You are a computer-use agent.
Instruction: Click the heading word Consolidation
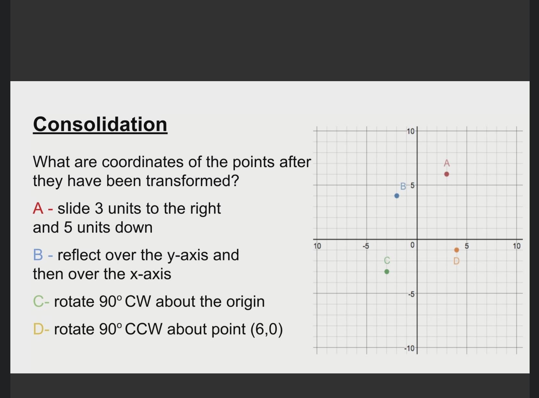pyautogui.click(x=100, y=124)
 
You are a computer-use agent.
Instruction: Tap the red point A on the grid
pyautogui.click(x=447, y=174)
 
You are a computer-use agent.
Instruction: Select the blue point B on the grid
pyautogui.click(x=397, y=196)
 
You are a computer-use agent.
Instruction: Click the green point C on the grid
pyautogui.click(x=387, y=272)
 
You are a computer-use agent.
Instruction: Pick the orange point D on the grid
pyautogui.click(x=457, y=250)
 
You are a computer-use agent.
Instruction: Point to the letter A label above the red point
pyautogui.click(x=447, y=163)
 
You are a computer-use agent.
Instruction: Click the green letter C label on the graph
pyautogui.click(x=387, y=260)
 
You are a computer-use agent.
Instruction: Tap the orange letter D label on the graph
pyautogui.click(x=457, y=261)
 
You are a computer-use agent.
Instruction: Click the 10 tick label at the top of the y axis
pyautogui.click(x=411, y=131)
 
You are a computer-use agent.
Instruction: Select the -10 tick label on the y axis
pyautogui.click(x=410, y=349)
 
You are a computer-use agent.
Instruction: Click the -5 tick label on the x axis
pyautogui.click(x=366, y=246)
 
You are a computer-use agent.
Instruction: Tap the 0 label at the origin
pyautogui.click(x=412, y=245)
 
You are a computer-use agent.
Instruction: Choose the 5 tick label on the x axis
pyautogui.click(x=466, y=246)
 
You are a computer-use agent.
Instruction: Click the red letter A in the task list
pyautogui.click(x=38, y=209)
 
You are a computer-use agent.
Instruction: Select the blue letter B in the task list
pyautogui.click(x=38, y=255)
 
